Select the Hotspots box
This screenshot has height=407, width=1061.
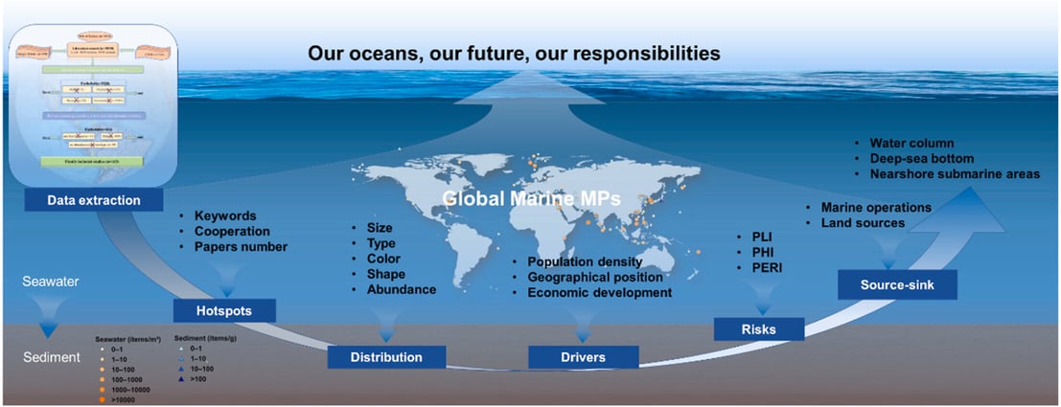pos(224,310)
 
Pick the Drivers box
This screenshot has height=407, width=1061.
pos(584,357)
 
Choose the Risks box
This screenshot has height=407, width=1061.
pos(757,328)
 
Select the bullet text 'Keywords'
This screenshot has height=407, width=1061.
pos(226,215)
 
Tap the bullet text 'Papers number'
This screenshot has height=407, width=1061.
pos(241,247)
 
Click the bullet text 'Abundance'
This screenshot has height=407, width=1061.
pos(402,289)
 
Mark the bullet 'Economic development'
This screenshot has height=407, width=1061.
pos(599,292)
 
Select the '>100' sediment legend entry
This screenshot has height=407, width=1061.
pos(196,379)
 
